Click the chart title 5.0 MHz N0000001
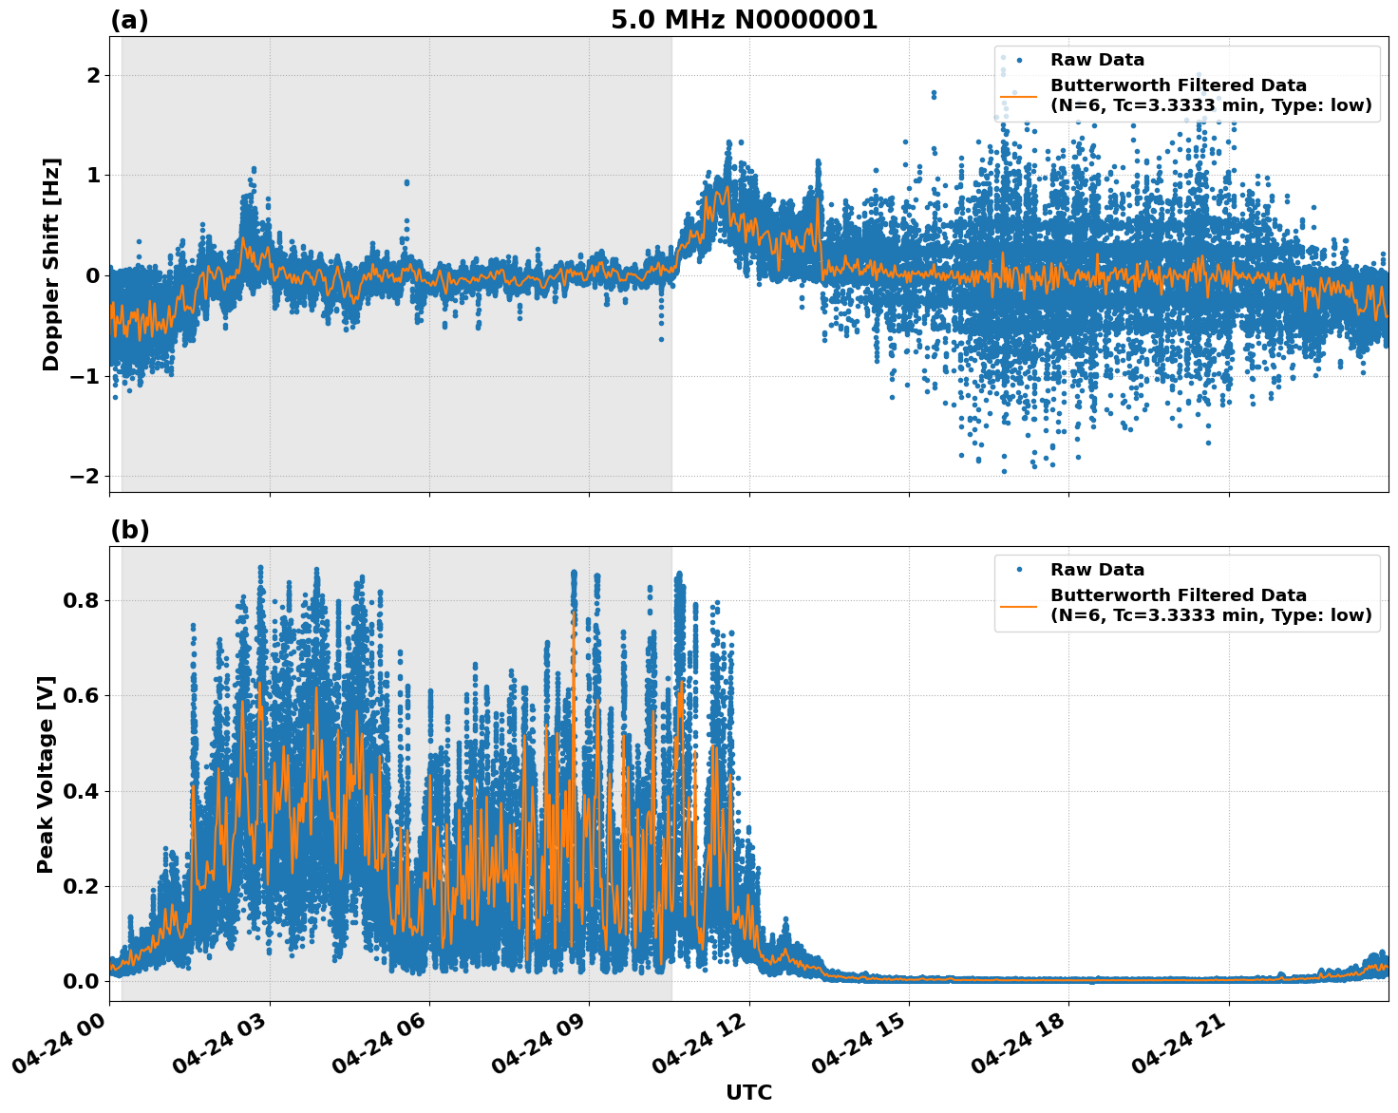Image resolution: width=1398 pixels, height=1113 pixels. pos(744,20)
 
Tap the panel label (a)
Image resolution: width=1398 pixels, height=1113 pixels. pos(129,20)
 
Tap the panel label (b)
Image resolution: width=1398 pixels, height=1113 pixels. pos(129,530)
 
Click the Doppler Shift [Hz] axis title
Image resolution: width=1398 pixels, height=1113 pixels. pos(51,264)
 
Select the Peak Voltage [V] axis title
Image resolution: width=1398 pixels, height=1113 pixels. pos(46,774)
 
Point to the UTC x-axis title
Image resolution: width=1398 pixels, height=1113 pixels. pos(748,1092)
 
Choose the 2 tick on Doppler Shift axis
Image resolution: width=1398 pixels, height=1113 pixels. pos(92,75)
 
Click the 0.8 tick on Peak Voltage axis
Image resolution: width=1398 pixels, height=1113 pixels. pos(81,600)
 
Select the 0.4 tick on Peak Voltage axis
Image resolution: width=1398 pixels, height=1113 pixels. pos(81,791)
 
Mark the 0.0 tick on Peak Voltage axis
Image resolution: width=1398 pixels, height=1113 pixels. pos(81,981)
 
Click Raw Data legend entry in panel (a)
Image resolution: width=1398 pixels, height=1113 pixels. pos(1097,60)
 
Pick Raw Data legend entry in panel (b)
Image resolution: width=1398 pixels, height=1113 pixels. pos(1097,570)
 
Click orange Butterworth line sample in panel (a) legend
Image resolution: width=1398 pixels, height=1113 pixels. pos(1018,96)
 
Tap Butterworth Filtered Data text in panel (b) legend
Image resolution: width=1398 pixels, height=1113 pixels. pos(1178,595)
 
